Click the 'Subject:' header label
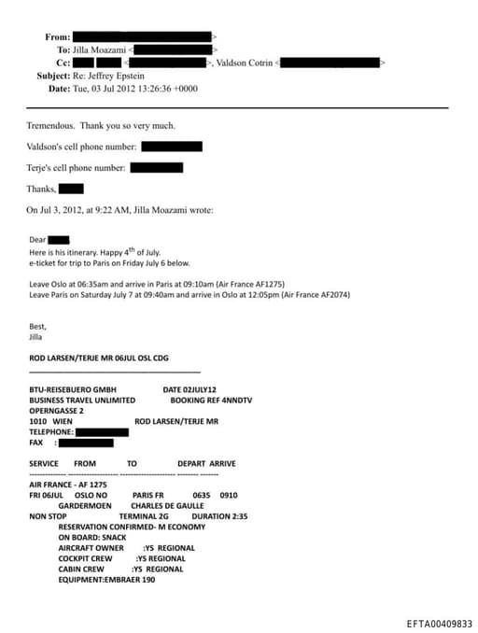(53, 76)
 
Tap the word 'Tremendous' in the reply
(50, 125)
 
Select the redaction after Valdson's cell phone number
(172, 147)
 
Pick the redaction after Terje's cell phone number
(156, 168)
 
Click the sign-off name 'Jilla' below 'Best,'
(35, 336)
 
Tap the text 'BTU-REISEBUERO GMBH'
(75, 389)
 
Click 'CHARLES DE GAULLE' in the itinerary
(168, 506)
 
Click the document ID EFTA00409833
(440, 624)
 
